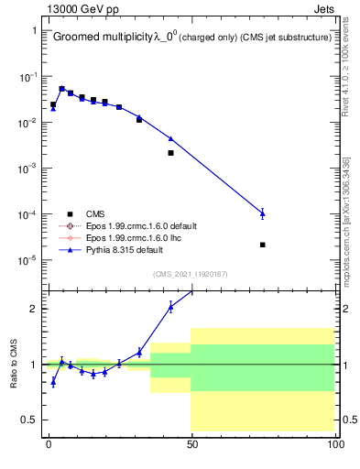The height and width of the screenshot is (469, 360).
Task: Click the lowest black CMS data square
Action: (x=263, y=245)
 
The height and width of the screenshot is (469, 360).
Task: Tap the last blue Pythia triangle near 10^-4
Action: (x=263, y=213)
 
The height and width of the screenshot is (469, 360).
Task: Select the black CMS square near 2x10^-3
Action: (x=170, y=153)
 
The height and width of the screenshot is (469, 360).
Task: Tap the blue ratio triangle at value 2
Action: (x=170, y=307)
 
